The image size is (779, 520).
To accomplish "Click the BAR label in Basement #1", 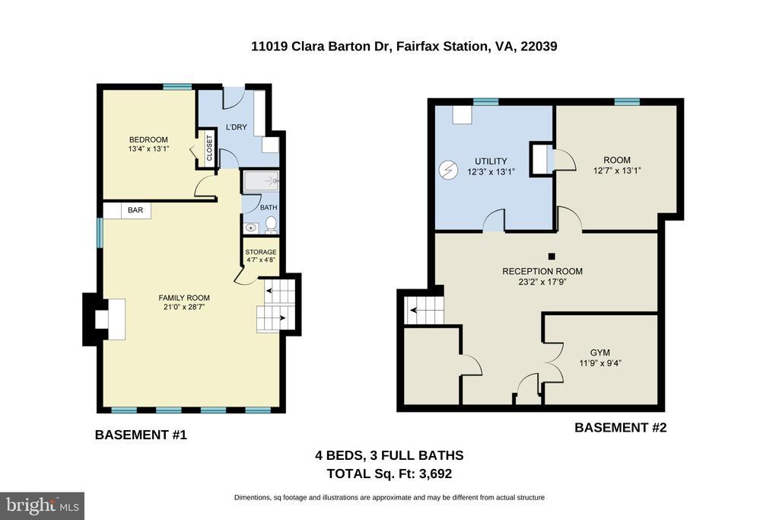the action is tap(135, 210).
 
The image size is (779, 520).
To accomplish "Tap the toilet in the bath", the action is tap(272, 225).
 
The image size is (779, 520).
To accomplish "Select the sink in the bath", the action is tap(251, 228).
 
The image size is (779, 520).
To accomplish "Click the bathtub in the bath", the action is tap(261, 181).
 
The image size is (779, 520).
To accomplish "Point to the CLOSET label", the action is tap(209, 148).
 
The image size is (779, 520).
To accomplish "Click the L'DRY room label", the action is tap(236, 127).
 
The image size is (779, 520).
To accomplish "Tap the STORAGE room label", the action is tap(261, 252).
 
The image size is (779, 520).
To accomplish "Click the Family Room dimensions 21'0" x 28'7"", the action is tap(184, 307).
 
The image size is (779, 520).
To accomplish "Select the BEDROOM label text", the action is tap(148, 139).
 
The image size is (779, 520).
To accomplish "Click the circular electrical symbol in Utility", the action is tap(447, 171).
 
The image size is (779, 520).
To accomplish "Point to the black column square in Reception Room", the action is tap(552, 257).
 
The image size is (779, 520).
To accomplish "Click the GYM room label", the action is tap(600, 353).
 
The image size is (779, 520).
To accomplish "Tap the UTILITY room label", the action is tap(491, 161).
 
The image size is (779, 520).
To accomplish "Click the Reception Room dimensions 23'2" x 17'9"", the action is tap(542, 282).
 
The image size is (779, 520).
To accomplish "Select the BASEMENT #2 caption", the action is tap(621, 428).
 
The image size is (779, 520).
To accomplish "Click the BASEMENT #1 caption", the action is tap(141, 435).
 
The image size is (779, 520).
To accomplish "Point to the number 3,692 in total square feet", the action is tap(435, 474).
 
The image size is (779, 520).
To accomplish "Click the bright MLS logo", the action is tap(43, 506).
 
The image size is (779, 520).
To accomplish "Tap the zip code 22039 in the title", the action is tap(539, 46).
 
